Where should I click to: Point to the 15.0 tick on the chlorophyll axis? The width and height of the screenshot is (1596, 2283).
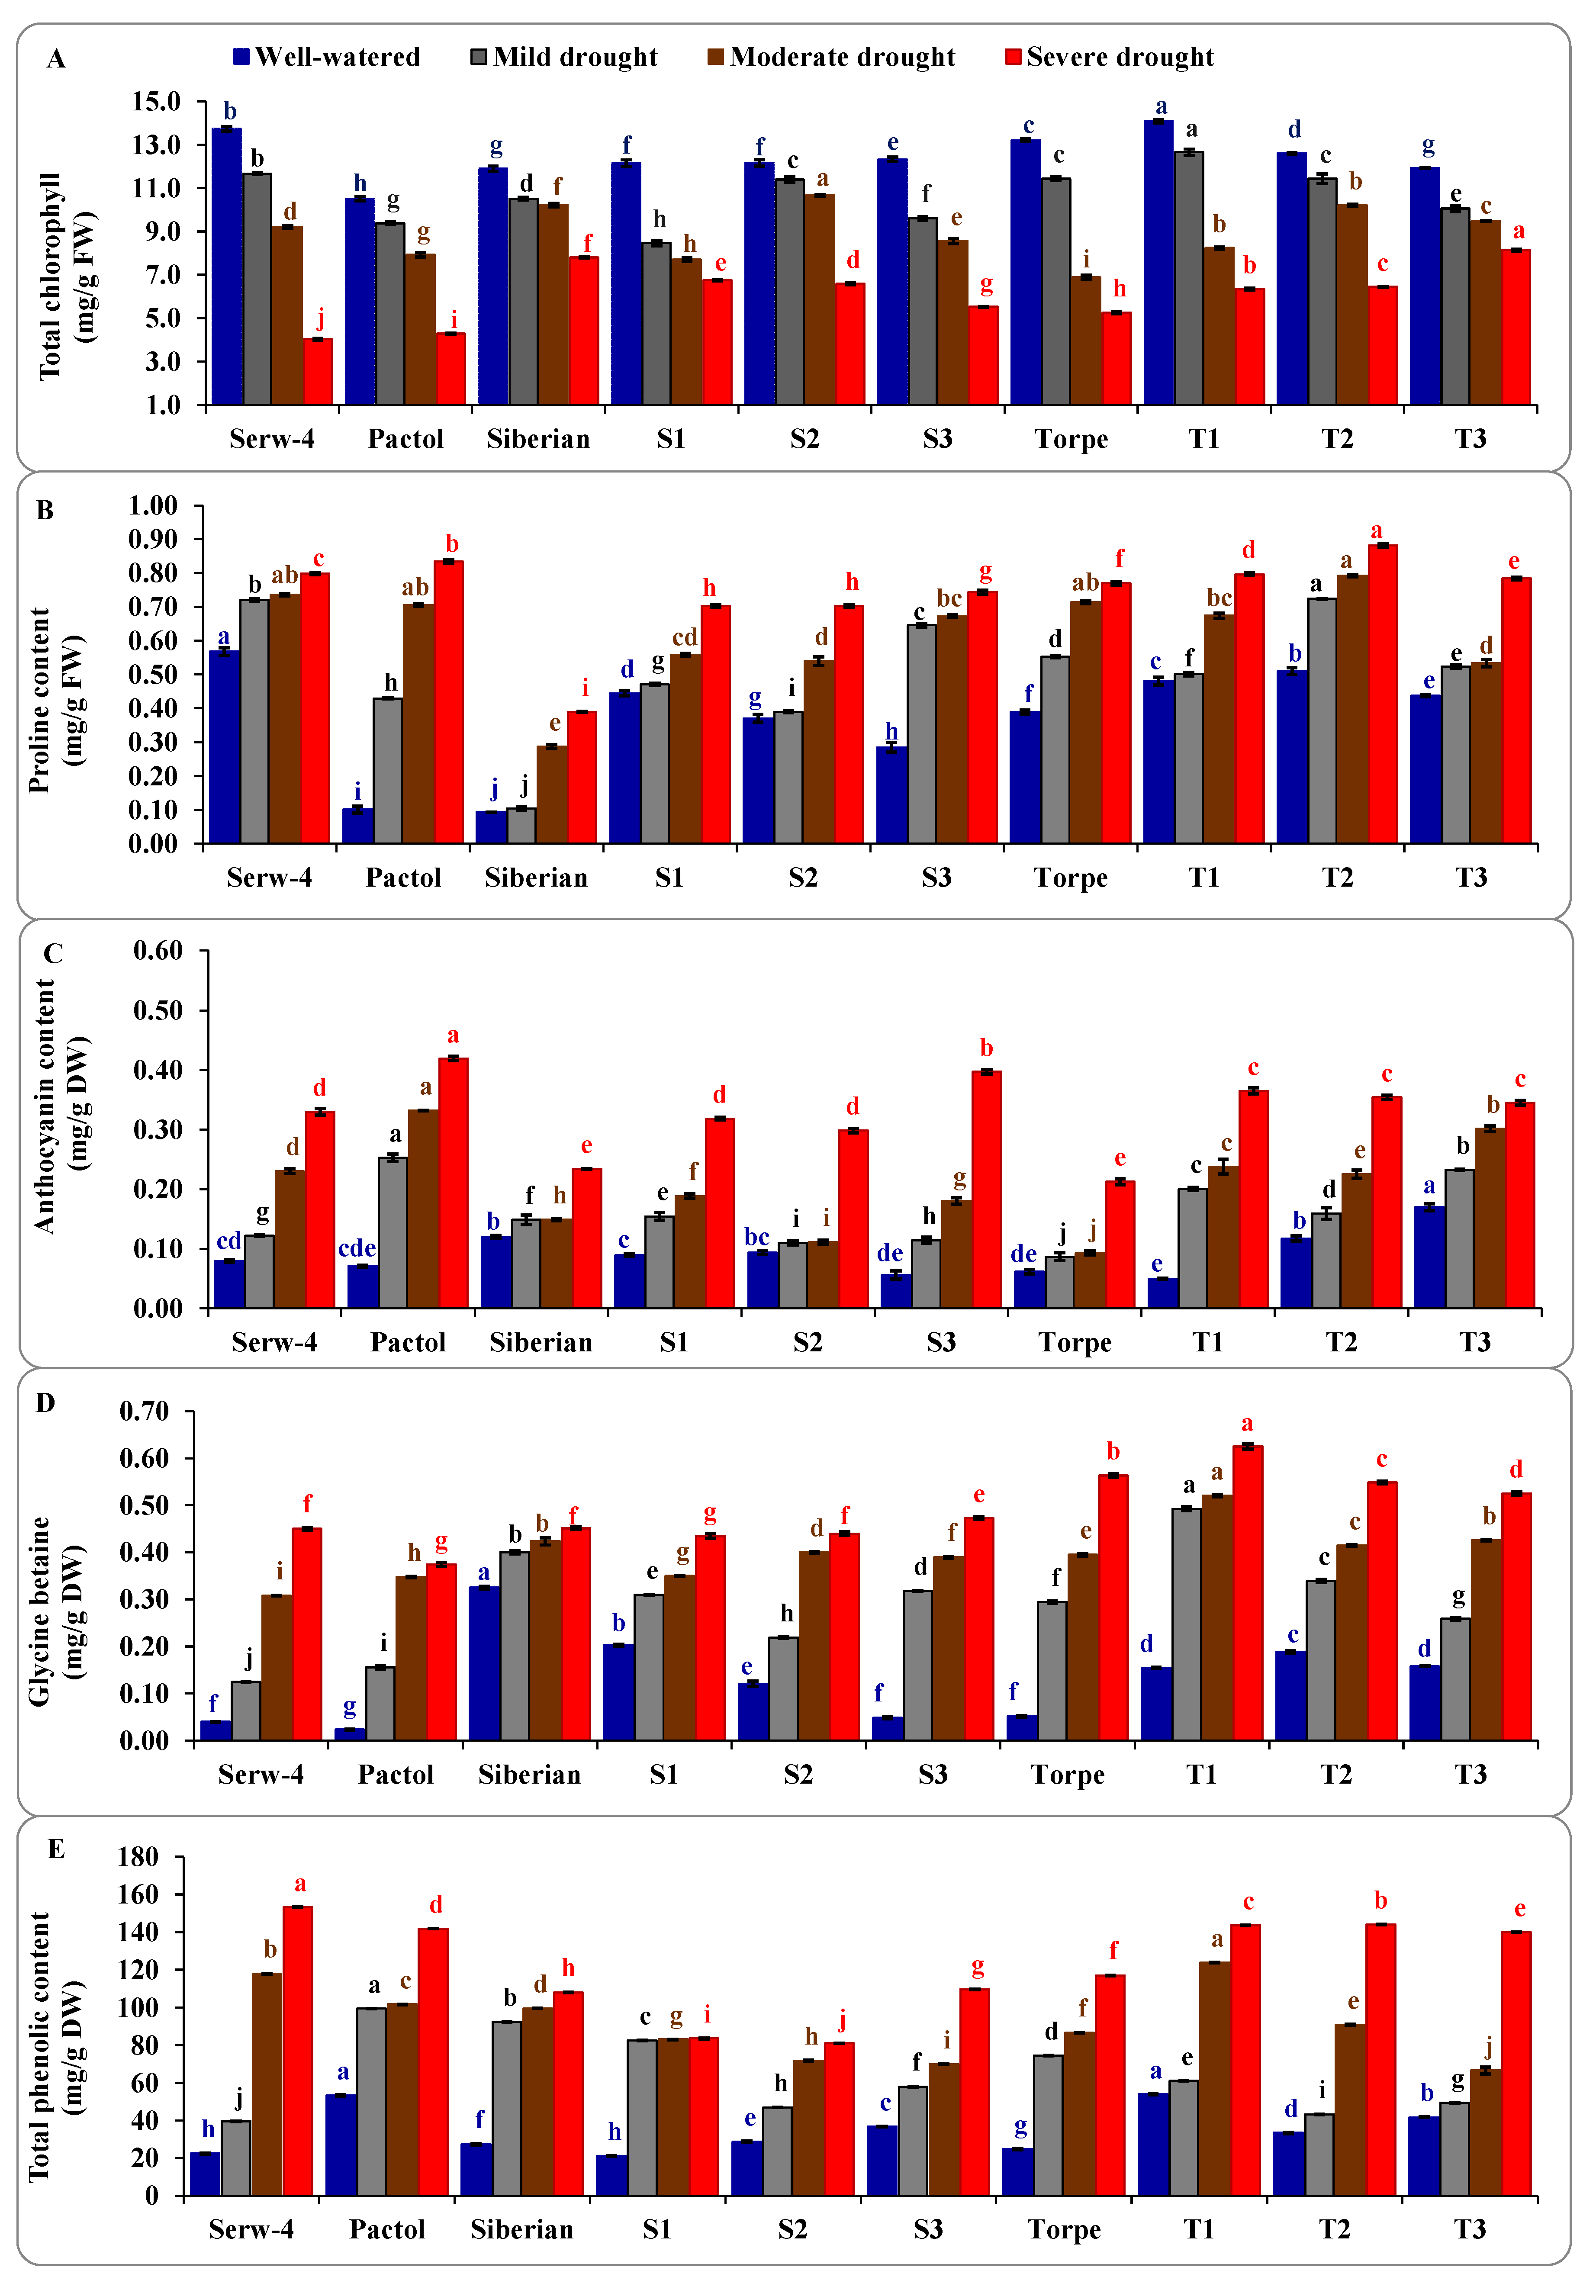(156, 101)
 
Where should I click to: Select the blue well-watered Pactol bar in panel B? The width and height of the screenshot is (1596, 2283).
(358, 825)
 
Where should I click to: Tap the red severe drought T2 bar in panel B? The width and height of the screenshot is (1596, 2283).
(1382, 694)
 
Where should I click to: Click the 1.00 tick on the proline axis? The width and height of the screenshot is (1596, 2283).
(152, 506)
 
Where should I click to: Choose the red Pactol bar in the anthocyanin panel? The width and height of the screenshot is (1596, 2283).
(454, 1183)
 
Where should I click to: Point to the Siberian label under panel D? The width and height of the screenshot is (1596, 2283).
(529, 1775)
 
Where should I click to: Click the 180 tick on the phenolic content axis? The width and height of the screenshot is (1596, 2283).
(138, 1857)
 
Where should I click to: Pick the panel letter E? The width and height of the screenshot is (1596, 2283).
(56, 1849)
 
